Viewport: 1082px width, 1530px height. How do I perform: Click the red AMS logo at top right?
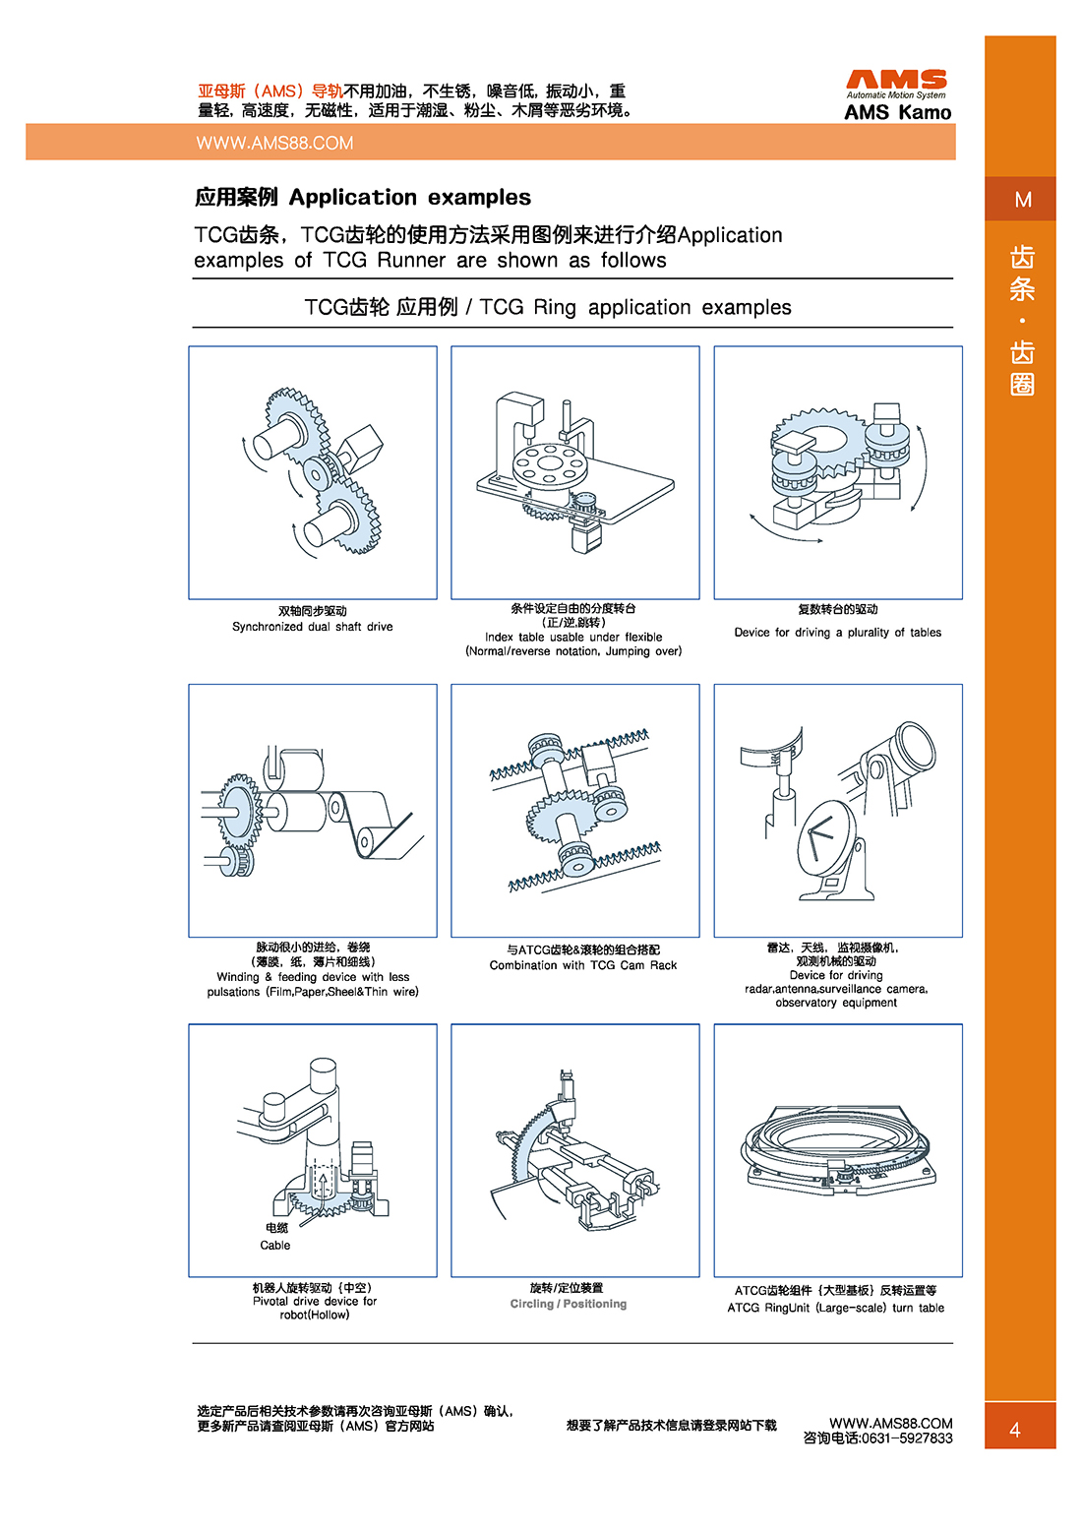click(x=896, y=80)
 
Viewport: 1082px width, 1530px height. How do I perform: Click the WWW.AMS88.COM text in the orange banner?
click(x=274, y=144)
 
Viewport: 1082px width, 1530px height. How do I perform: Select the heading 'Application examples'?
click(x=409, y=198)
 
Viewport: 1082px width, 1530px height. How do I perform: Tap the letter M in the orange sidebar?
click(x=1022, y=200)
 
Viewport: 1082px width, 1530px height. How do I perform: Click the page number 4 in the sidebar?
click(x=1015, y=1430)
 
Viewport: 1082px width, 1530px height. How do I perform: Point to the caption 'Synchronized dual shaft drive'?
click(x=312, y=627)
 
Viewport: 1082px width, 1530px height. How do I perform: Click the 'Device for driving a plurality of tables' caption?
click(x=837, y=633)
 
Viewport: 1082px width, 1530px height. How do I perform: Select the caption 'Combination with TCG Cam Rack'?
click(x=582, y=965)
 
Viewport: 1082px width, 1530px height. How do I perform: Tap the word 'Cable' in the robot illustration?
click(x=275, y=1245)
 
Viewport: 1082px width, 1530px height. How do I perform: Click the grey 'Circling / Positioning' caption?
click(x=568, y=1304)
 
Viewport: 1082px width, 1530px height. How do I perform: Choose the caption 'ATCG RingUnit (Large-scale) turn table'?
click(x=835, y=1308)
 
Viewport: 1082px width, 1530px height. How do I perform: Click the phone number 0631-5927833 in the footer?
click(x=906, y=1438)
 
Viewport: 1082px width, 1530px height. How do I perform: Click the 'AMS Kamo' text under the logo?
click(x=897, y=112)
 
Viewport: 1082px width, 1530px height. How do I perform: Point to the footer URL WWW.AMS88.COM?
click(x=890, y=1423)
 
